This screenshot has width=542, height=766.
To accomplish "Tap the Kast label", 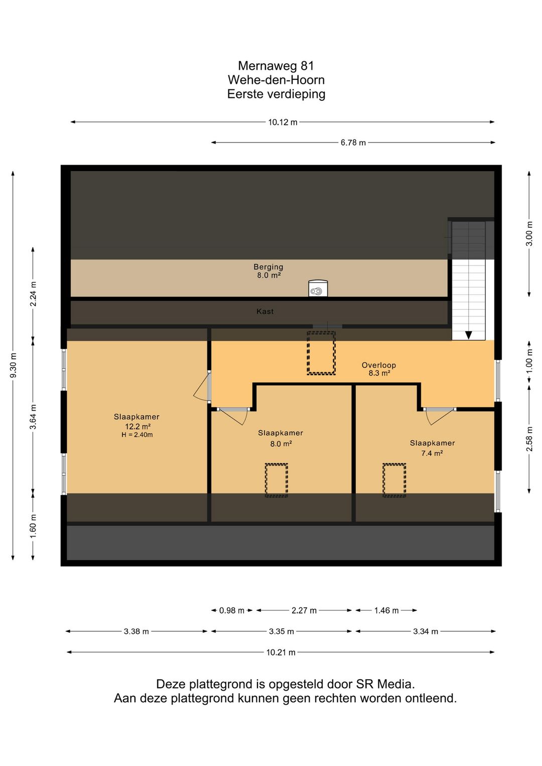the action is coord(265,311).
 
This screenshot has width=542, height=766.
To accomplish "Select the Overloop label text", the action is coord(379,365).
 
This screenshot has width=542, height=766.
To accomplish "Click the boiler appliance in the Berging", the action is coord(318,288).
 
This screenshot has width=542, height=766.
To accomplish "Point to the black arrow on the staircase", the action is coord(469,335).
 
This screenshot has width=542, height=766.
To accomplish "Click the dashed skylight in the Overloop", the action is coord(321,353).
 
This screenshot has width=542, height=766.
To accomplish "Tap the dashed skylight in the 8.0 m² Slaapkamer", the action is coord(277,480).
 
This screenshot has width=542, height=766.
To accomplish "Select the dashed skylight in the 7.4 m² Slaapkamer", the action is coord(394,480).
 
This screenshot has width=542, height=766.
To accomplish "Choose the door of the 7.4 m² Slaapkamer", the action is coord(440,416).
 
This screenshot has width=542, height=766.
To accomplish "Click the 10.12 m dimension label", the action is coord(283,122).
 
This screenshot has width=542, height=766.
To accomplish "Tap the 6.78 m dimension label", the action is coord(353,143).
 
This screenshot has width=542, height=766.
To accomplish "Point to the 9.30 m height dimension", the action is coord(14,365).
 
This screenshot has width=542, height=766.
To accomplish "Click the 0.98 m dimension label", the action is coord(232,610).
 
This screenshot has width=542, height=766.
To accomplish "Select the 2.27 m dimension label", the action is coord(304,610).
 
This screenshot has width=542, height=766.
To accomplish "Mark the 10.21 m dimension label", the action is coord(281,653).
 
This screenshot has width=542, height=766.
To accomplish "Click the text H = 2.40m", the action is coord(137,435).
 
